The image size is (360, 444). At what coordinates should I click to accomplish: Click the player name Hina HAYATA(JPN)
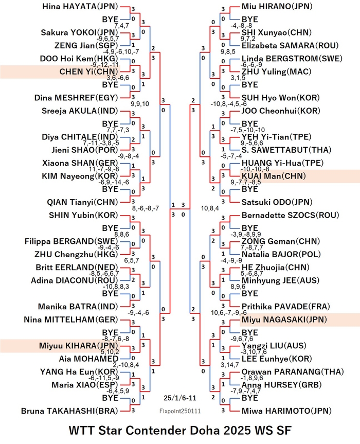coord(80,7)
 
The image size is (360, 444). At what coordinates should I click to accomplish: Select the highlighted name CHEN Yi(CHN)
coord(88,72)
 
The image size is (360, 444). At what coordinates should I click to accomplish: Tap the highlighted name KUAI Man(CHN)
coord(274,176)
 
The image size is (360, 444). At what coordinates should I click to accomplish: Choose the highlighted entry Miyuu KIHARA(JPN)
coord(78,346)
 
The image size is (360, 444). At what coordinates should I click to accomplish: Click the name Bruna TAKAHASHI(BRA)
coord(69,411)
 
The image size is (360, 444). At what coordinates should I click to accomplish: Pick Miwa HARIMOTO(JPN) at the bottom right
coord(286,411)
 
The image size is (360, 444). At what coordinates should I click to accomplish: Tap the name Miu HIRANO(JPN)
coord(277,7)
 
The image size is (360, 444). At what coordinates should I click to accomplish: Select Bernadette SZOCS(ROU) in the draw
coord(290,215)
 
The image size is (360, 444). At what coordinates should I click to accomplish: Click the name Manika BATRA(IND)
coord(78,307)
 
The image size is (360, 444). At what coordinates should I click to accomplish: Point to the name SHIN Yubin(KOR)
coord(83,215)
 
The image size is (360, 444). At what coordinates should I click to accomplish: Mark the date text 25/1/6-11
coord(179,398)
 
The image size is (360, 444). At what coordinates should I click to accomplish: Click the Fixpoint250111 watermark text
coord(180,411)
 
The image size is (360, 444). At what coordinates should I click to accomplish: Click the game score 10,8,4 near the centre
coord(210,208)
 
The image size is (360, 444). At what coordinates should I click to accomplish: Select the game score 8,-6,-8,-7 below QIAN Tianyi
coord(146,208)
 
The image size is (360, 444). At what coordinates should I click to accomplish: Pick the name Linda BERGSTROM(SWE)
coord(292,59)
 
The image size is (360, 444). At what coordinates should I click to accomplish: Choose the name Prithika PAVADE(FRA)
coord(286,307)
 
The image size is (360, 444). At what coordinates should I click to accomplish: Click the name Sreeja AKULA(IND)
coord(80,111)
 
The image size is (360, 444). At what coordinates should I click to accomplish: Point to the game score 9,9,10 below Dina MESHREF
coord(140,104)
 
